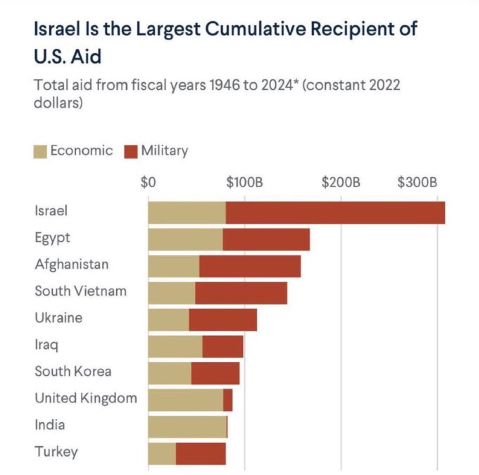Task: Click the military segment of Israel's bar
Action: [x=335, y=212]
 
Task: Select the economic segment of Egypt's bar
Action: [x=186, y=239]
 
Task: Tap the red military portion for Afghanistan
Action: [x=250, y=266]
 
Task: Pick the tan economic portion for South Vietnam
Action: [x=172, y=293]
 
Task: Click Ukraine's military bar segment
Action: [x=223, y=320]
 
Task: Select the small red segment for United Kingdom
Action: [x=228, y=400]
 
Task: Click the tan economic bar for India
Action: [x=187, y=427]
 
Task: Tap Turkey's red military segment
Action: [x=201, y=454]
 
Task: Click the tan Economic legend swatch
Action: [x=40, y=152]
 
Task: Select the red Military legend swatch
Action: [x=130, y=152]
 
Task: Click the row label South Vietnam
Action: [x=81, y=290]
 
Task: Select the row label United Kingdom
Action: [x=86, y=398]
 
